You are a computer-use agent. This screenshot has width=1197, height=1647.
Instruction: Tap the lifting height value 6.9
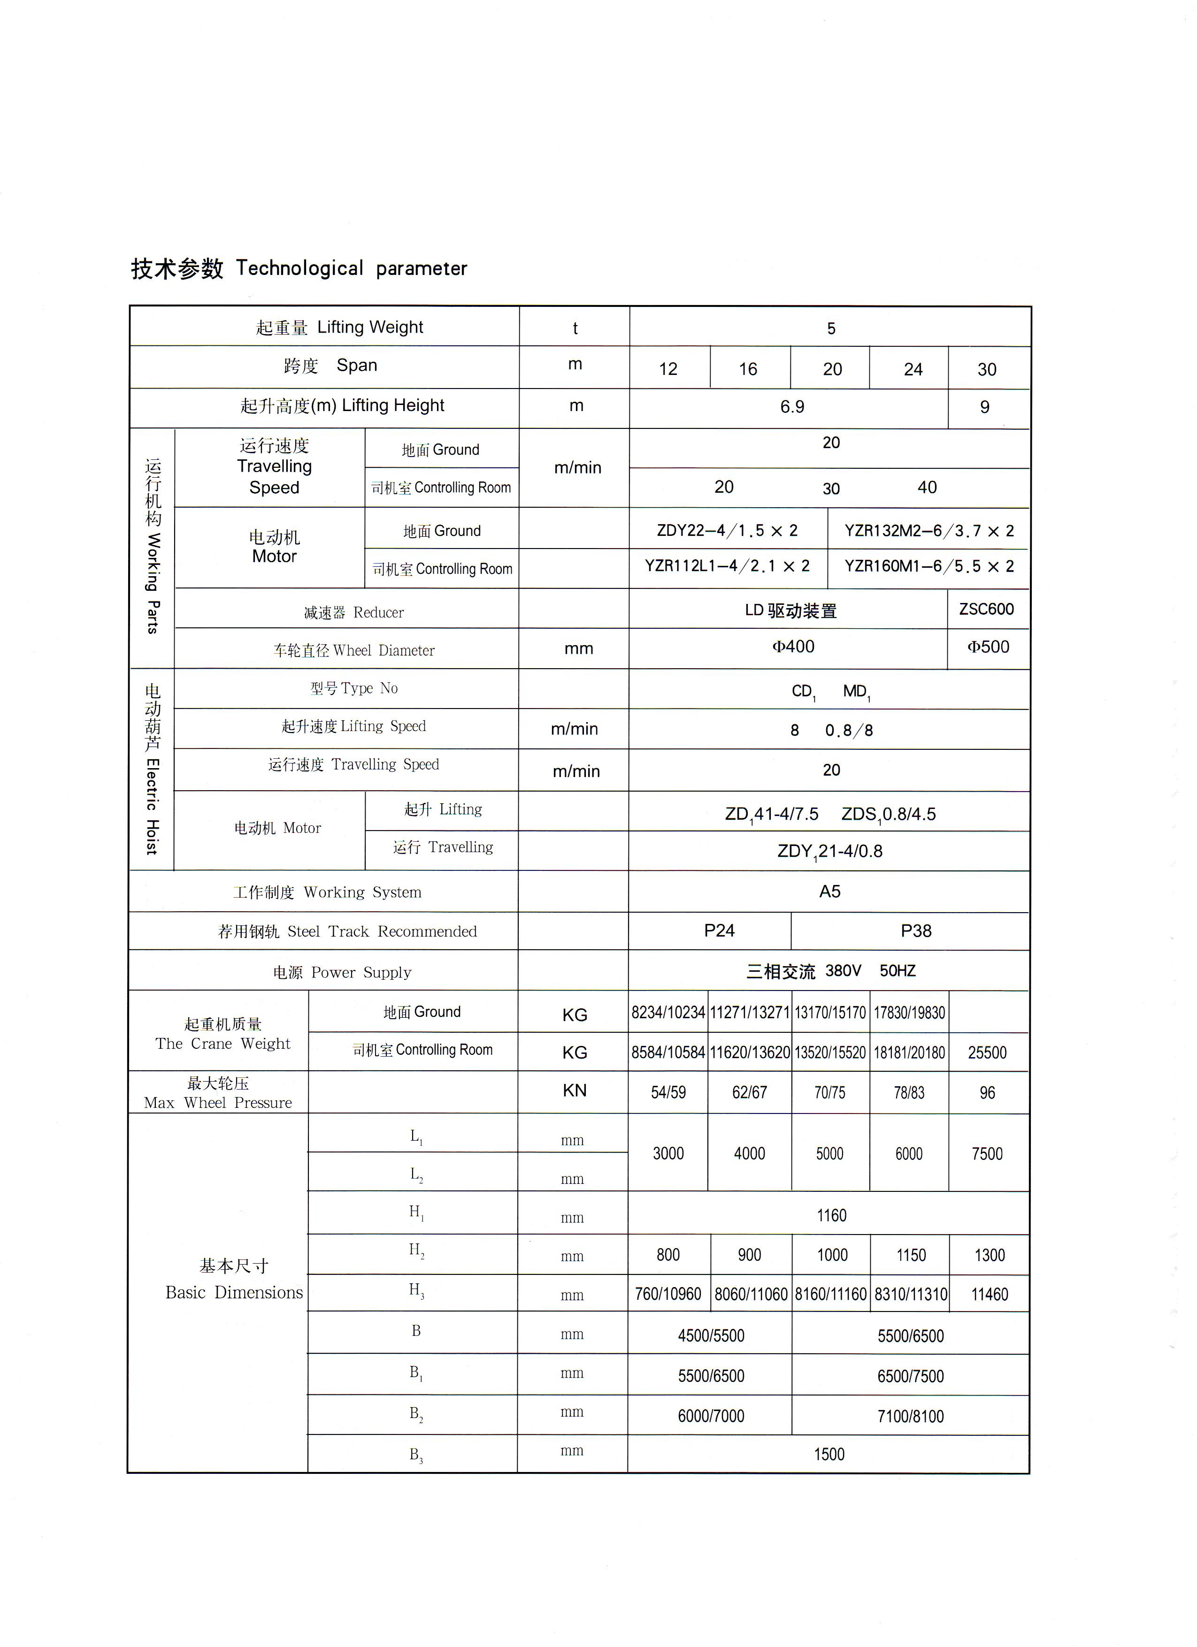792,407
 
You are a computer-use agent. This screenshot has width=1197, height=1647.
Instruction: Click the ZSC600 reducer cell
986,609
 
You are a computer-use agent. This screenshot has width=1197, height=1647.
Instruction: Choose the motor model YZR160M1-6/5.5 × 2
929,566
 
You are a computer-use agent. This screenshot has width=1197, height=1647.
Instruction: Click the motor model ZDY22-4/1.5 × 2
727,531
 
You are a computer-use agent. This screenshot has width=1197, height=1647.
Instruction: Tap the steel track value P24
719,931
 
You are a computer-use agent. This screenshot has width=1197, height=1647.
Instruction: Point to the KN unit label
575,1091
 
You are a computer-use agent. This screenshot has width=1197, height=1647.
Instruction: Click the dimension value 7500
987,1154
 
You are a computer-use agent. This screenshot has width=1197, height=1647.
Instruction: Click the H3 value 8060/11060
750,1295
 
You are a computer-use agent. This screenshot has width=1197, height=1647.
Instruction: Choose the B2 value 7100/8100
910,1417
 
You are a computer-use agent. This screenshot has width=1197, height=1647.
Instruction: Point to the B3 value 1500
829,1455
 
